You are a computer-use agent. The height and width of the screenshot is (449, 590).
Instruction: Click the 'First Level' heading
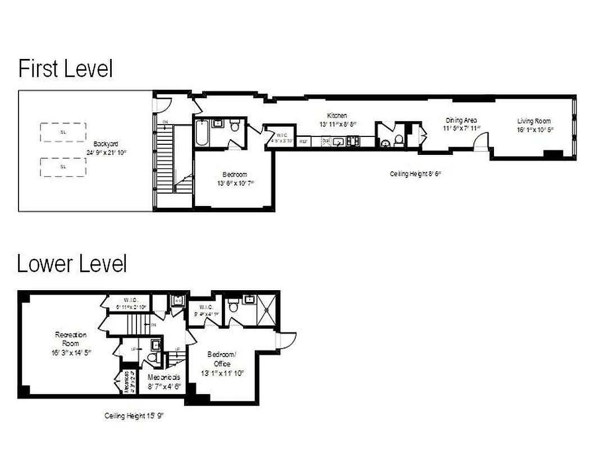point(65,68)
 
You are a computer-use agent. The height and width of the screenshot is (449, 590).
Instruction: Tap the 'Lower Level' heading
point(72,263)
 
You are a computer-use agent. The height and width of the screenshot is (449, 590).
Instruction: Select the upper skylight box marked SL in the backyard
point(63,132)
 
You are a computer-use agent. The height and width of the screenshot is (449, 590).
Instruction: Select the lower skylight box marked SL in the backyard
point(63,167)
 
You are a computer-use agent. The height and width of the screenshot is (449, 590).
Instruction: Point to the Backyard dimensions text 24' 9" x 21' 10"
point(106,152)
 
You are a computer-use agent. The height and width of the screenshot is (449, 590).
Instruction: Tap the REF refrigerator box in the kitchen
point(303,142)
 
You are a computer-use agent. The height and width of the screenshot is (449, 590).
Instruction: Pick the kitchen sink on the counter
point(338,142)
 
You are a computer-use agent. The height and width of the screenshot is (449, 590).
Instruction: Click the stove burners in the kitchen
point(353,142)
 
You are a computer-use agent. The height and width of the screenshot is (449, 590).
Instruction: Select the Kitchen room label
point(337,116)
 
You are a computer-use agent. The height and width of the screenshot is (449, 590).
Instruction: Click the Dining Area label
point(461,120)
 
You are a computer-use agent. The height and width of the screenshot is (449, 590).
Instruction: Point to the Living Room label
point(534,121)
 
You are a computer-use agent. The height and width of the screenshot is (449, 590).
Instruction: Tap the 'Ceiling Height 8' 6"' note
point(415,174)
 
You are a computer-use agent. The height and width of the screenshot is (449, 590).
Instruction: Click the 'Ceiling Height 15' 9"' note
point(134,416)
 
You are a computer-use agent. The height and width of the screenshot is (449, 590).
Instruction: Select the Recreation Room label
point(71,338)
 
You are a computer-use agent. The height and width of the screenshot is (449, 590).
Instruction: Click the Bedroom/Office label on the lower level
point(222,359)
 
